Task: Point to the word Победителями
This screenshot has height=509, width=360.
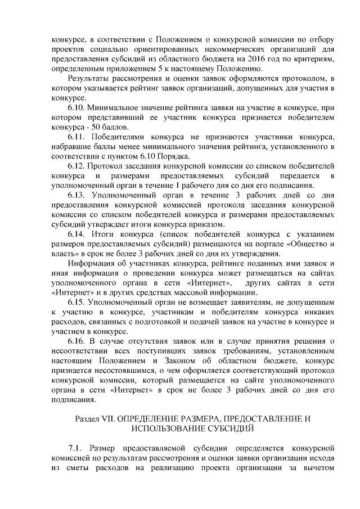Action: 120,137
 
